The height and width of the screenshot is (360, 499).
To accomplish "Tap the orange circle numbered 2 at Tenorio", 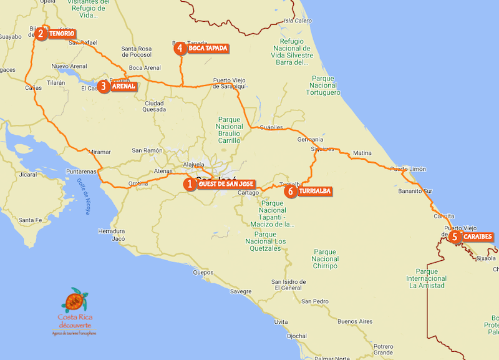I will (41, 33).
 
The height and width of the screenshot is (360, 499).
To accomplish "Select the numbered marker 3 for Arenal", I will (104, 87).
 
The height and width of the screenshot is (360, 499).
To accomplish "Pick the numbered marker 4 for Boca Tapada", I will (180, 48).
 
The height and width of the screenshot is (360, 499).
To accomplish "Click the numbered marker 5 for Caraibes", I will (455, 237).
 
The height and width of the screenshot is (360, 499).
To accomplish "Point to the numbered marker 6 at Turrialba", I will (289, 192).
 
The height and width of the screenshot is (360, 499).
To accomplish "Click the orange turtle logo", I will (75, 301).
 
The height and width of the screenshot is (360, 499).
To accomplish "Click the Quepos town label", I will (203, 273).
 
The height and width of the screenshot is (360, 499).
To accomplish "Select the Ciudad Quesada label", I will (155, 106).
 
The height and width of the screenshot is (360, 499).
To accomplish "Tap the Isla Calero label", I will (298, 21).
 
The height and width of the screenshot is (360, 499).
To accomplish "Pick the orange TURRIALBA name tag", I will (314, 192).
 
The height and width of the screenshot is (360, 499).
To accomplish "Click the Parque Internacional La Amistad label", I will (427, 278).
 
